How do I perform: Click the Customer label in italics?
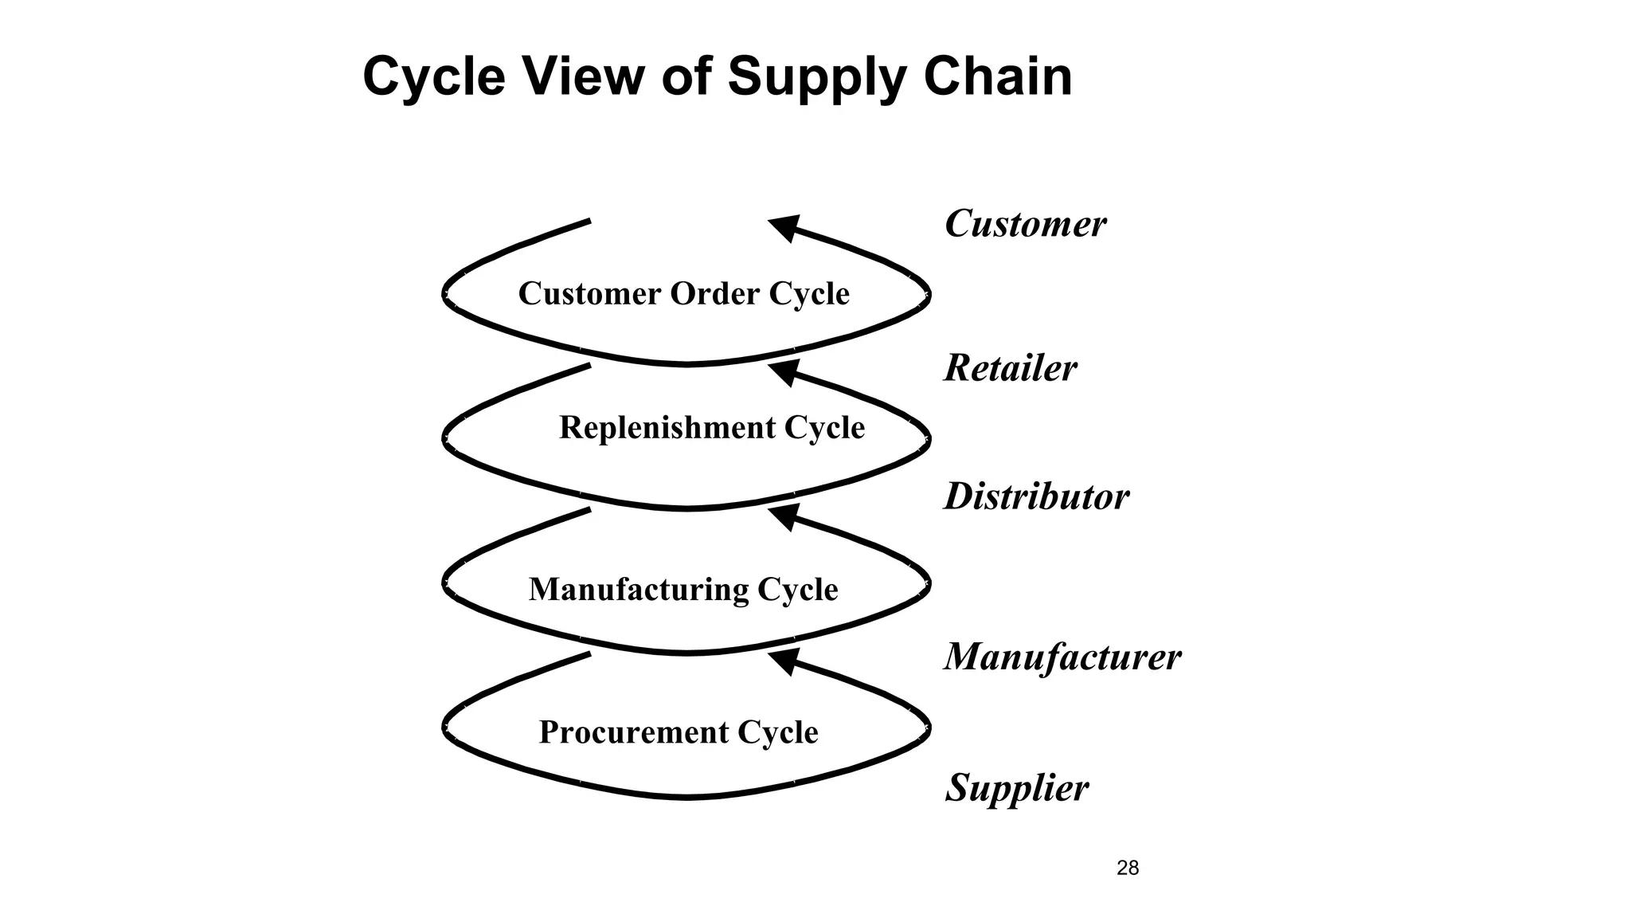[1025, 224]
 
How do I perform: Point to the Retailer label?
[1010, 368]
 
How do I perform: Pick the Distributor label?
[1036, 496]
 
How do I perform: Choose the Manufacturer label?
[1062, 657]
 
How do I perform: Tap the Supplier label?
[1016, 787]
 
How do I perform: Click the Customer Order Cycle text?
[683, 293]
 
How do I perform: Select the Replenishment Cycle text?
[711, 428]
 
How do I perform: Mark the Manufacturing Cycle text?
[683, 590]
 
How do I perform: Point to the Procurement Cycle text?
[678, 732]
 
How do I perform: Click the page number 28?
[1128, 868]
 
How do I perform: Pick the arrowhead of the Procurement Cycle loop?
[784, 661]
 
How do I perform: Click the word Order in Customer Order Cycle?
[714, 293]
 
